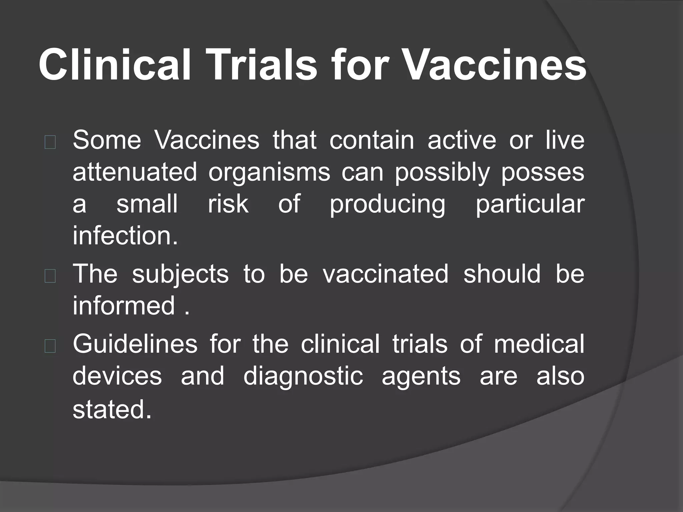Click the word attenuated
[x=135, y=172]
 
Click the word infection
[x=125, y=235]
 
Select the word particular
[x=530, y=205]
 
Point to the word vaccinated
[x=386, y=274]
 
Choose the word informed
[x=124, y=305]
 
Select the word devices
[x=117, y=376]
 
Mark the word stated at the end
[x=112, y=410]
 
